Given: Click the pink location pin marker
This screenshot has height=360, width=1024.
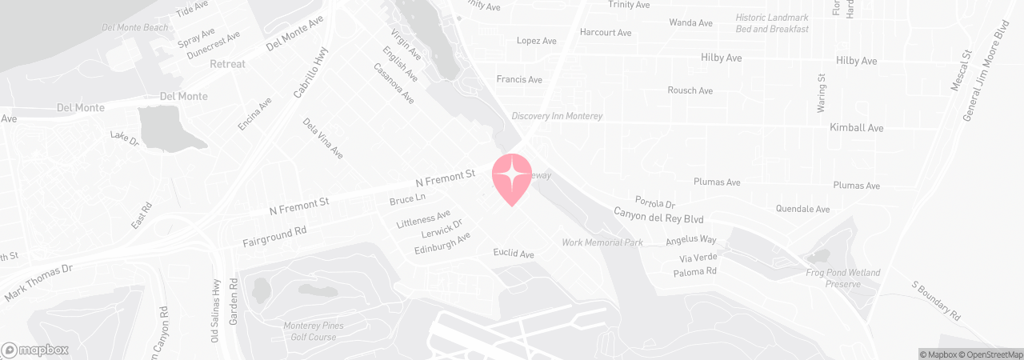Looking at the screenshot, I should (x=512, y=178).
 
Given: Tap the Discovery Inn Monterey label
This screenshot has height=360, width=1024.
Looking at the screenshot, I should (x=557, y=116).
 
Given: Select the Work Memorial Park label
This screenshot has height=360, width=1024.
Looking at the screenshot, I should (x=602, y=242).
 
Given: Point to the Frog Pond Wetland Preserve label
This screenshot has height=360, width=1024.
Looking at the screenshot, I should (x=843, y=278).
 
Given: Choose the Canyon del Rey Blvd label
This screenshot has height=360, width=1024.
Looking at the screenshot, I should (x=658, y=216).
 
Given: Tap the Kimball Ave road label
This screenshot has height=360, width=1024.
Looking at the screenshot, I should (x=856, y=128).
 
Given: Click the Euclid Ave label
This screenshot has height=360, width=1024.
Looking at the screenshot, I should (x=513, y=254).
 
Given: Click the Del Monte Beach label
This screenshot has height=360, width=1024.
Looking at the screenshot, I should (x=135, y=27).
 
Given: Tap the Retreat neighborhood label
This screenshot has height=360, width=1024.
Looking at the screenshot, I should (x=227, y=64).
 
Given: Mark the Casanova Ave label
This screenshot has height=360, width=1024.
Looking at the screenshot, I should (x=394, y=84).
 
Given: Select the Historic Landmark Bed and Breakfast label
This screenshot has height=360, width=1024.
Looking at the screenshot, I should (x=772, y=23).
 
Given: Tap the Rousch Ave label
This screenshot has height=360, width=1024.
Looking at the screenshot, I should (x=690, y=90).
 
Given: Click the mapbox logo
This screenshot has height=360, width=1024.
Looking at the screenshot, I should (x=35, y=350).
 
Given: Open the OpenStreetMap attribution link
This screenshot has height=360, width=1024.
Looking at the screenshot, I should (x=994, y=354).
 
